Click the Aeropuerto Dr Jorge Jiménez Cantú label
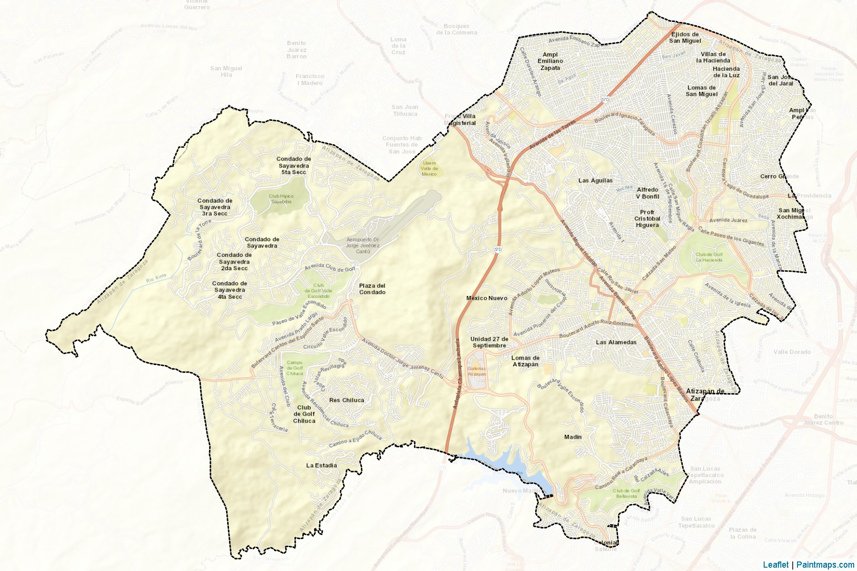[x=363, y=245]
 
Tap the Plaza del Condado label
[x=372, y=289]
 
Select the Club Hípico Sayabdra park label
[x=281, y=199]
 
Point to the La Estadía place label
[x=321, y=465]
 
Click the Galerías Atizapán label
[x=477, y=371]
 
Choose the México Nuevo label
[x=487, y=298]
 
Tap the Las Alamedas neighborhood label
[x=616, y=342]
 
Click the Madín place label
[x=573, y=437]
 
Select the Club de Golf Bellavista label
[x=626, y=493]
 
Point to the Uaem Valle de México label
[x=429, y=168]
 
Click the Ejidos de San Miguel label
[x=685, y=38]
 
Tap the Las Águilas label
[x=596, y=180]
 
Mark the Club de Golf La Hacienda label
[x=709, y=257]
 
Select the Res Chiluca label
[x=347, y=400]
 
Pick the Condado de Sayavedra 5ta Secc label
[x=294, y=166]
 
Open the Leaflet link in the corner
[x=776, y=565]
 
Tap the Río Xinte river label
[x=157, y=278]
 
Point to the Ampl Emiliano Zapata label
[x=550, y=61]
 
